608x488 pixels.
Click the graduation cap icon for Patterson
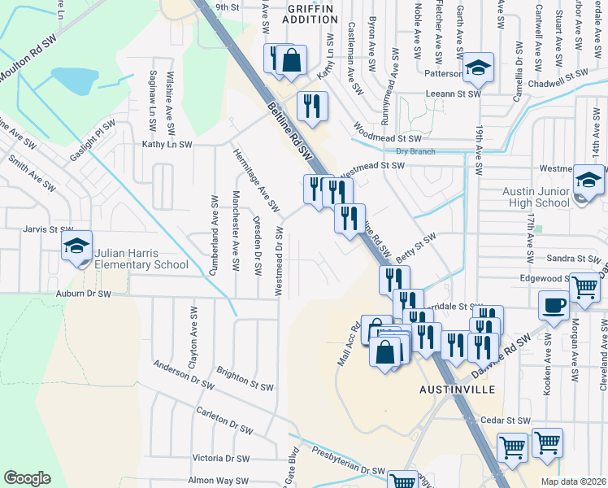pyautogui.click(x=479, y=67)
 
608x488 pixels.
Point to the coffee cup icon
pyautogui.click(x=554, y=306)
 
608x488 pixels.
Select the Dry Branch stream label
pyautogui.click(x=415, y=151)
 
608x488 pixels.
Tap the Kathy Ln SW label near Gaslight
pyautogui.click(x=167, y=144)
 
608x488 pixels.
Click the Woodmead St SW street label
pyautogui.click(x=387, y=133)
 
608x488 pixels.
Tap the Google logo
pyautogui.click(x=27, y=477)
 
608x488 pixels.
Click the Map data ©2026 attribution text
pyautogui.click(x=573, y=481)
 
